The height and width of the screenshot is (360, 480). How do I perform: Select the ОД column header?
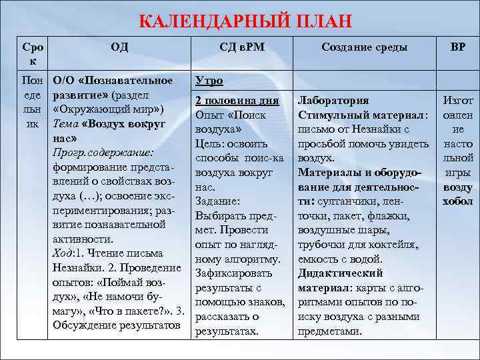(x=120, y=47)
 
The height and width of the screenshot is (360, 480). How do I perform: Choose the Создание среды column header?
(x=364, y=47)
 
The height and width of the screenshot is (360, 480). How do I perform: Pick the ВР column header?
(x=458, y=47)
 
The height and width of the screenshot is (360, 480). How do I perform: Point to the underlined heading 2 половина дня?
(x=237, y=101)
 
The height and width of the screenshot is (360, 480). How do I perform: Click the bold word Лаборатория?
(x=333, y=101)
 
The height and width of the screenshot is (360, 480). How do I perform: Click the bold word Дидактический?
(x=340, y=273)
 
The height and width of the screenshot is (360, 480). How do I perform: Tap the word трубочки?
(x=321, y=244)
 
